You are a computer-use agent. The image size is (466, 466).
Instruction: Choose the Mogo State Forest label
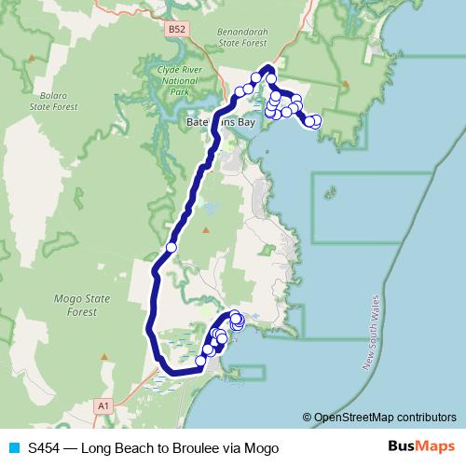point(83,305)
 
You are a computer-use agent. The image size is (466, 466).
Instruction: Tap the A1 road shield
point(103,405)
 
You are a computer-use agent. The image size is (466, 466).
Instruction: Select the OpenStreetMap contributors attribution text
point(384,418)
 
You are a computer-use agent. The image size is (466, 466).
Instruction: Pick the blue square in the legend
point(14,448)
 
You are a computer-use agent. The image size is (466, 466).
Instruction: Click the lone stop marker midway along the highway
point(171,247)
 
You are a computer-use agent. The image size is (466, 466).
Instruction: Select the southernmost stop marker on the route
point(201,360)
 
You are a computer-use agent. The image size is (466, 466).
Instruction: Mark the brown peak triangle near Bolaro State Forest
point(32,58)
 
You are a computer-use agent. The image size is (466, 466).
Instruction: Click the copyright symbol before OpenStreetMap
point(308,418)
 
